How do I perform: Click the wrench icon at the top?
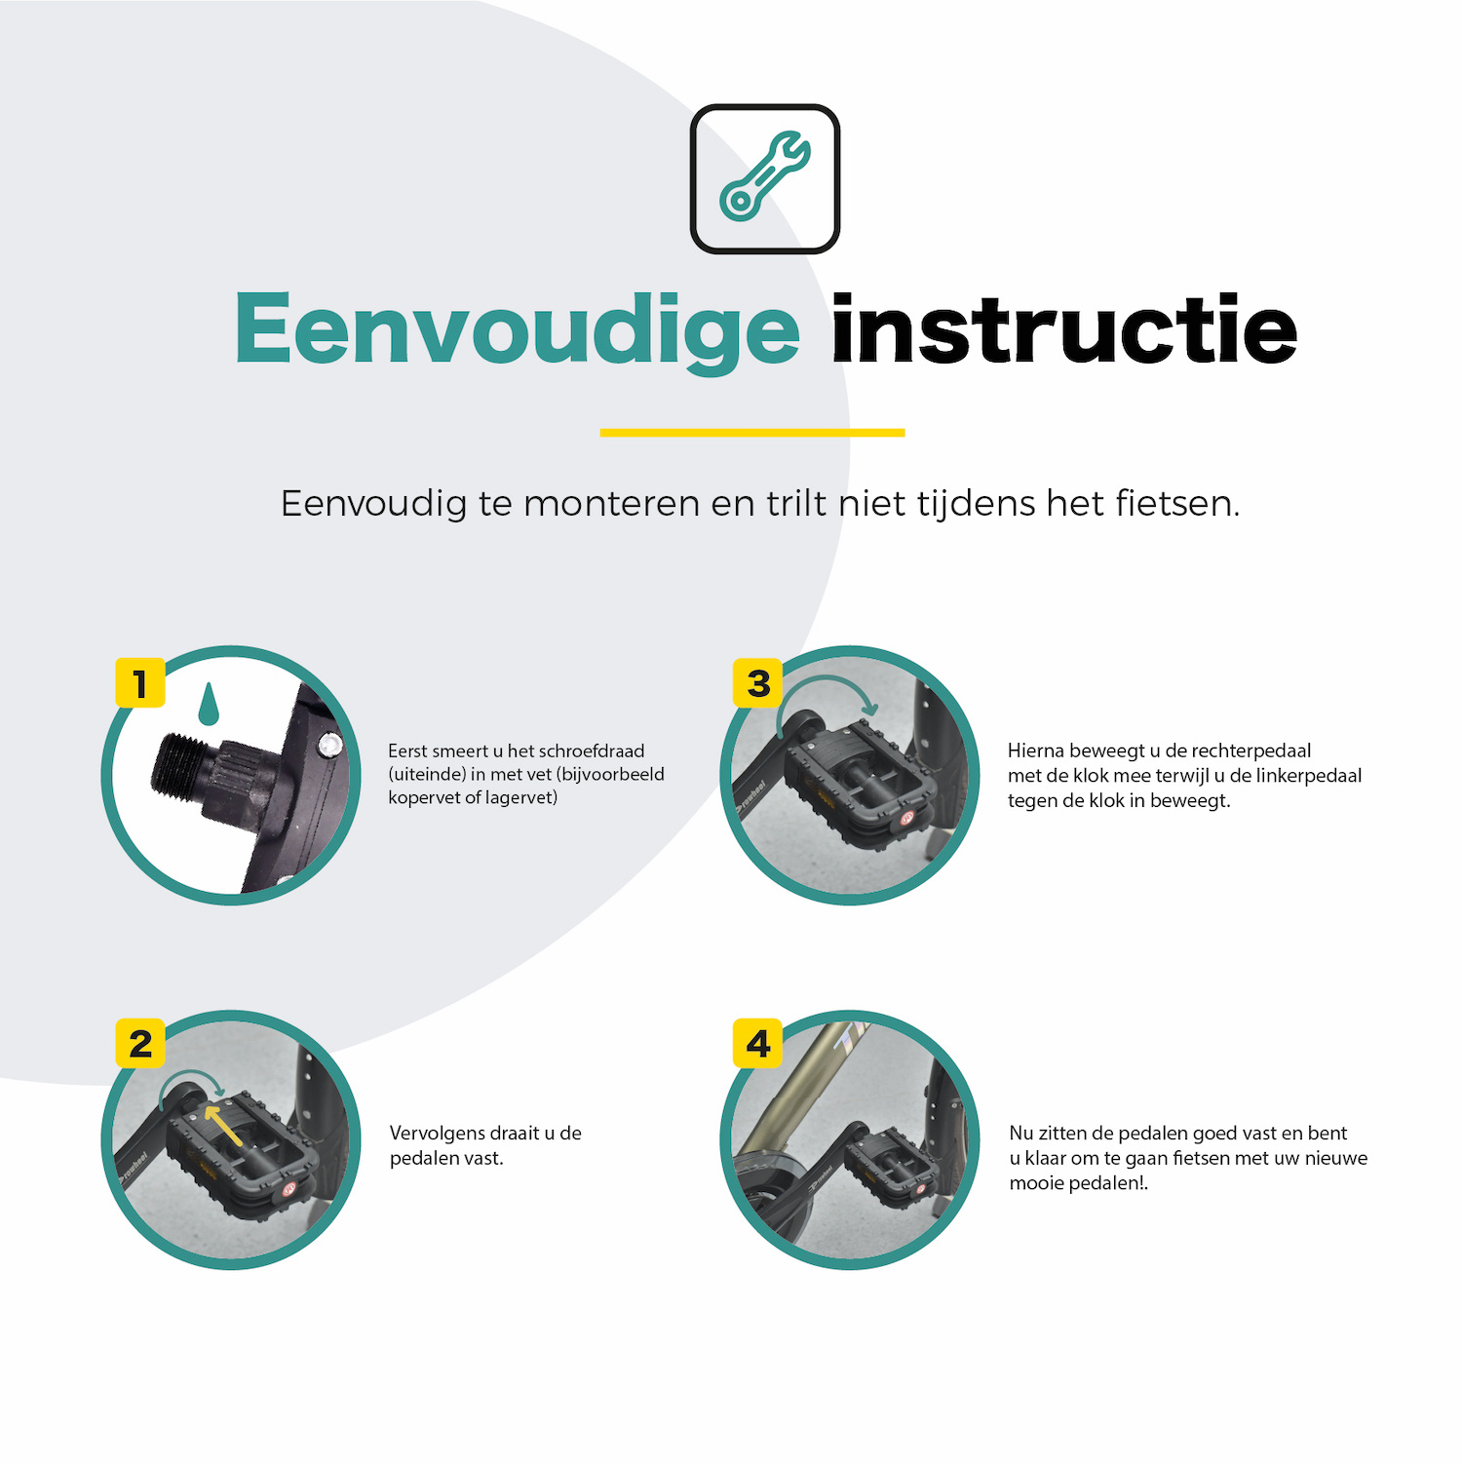click(765, 177)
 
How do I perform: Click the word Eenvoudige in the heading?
click(517, 330)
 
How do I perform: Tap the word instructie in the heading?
click(1063, 330)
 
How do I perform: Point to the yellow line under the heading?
click(751, 432)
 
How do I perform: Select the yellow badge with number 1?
click(140, 682)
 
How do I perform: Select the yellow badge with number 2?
click(140, 1044)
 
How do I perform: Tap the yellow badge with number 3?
click(758, 682)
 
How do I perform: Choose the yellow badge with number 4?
click(758, 1044)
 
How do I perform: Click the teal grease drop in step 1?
click(208, 706)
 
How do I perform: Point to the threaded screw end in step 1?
click(180, 763)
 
